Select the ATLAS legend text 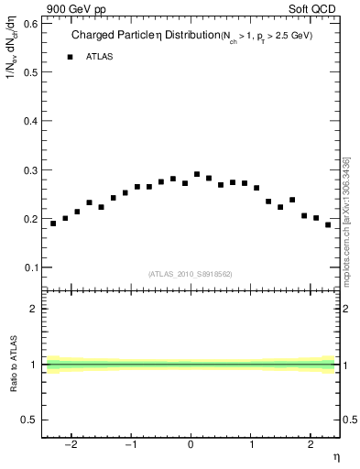coord(99,57)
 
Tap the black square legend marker coord(70,57)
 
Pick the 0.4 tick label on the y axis coord(31,121)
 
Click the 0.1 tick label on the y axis coord(31,267)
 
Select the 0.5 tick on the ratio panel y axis coord(31,420)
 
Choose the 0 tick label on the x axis coord(191,445)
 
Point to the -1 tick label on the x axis coord(131,445)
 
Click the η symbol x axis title coord(335,457)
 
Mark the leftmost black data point coord(53,224)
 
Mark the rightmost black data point coord(328,224)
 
